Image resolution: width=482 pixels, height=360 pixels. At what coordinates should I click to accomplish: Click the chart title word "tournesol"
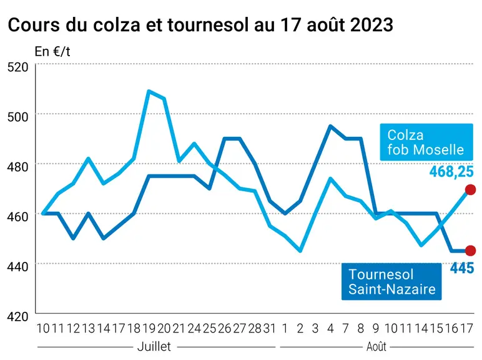[x=208, y=24]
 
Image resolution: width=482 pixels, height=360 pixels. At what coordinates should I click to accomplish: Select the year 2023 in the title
[x=371, y=24]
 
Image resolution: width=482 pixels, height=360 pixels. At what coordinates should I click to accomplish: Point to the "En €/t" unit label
[x=52, y=51]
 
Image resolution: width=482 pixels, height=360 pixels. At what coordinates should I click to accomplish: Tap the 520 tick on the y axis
[x=18, y=67]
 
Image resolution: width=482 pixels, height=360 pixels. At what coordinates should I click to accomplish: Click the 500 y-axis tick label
[x=18, y=117]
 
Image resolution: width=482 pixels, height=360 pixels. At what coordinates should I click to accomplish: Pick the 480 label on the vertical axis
[x=18, y=166]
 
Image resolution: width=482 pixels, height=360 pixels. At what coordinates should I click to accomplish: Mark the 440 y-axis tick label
[x=18, y=266]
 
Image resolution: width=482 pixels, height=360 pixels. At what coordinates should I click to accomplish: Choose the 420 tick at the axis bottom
[x=18, y=316]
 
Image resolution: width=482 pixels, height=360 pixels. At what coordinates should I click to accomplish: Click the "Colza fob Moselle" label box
[x=426, y=142]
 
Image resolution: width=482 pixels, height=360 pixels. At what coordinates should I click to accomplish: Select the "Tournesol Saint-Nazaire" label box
[x=391, y=281]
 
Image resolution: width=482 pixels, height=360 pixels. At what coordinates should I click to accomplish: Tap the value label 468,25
[x=451, y=171]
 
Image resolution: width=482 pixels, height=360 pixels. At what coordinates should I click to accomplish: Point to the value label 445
[x=462, y=268]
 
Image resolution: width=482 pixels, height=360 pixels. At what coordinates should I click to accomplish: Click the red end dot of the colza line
[x=470, y=190]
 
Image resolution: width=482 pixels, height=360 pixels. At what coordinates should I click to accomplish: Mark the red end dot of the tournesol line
[x=470, y=251]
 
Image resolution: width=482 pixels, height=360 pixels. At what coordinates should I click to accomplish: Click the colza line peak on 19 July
[x=149, y=91]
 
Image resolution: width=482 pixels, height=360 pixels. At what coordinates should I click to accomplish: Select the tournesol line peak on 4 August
[x=330, y=126]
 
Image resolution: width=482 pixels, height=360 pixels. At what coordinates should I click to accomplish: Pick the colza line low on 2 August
[x=300, y=251]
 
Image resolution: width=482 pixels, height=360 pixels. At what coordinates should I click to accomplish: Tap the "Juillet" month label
[x=154, y=346]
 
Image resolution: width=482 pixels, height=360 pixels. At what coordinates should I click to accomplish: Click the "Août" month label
[x=376, y=347]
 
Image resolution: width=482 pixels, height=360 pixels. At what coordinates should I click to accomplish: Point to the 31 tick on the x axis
[x=269, y=329]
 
